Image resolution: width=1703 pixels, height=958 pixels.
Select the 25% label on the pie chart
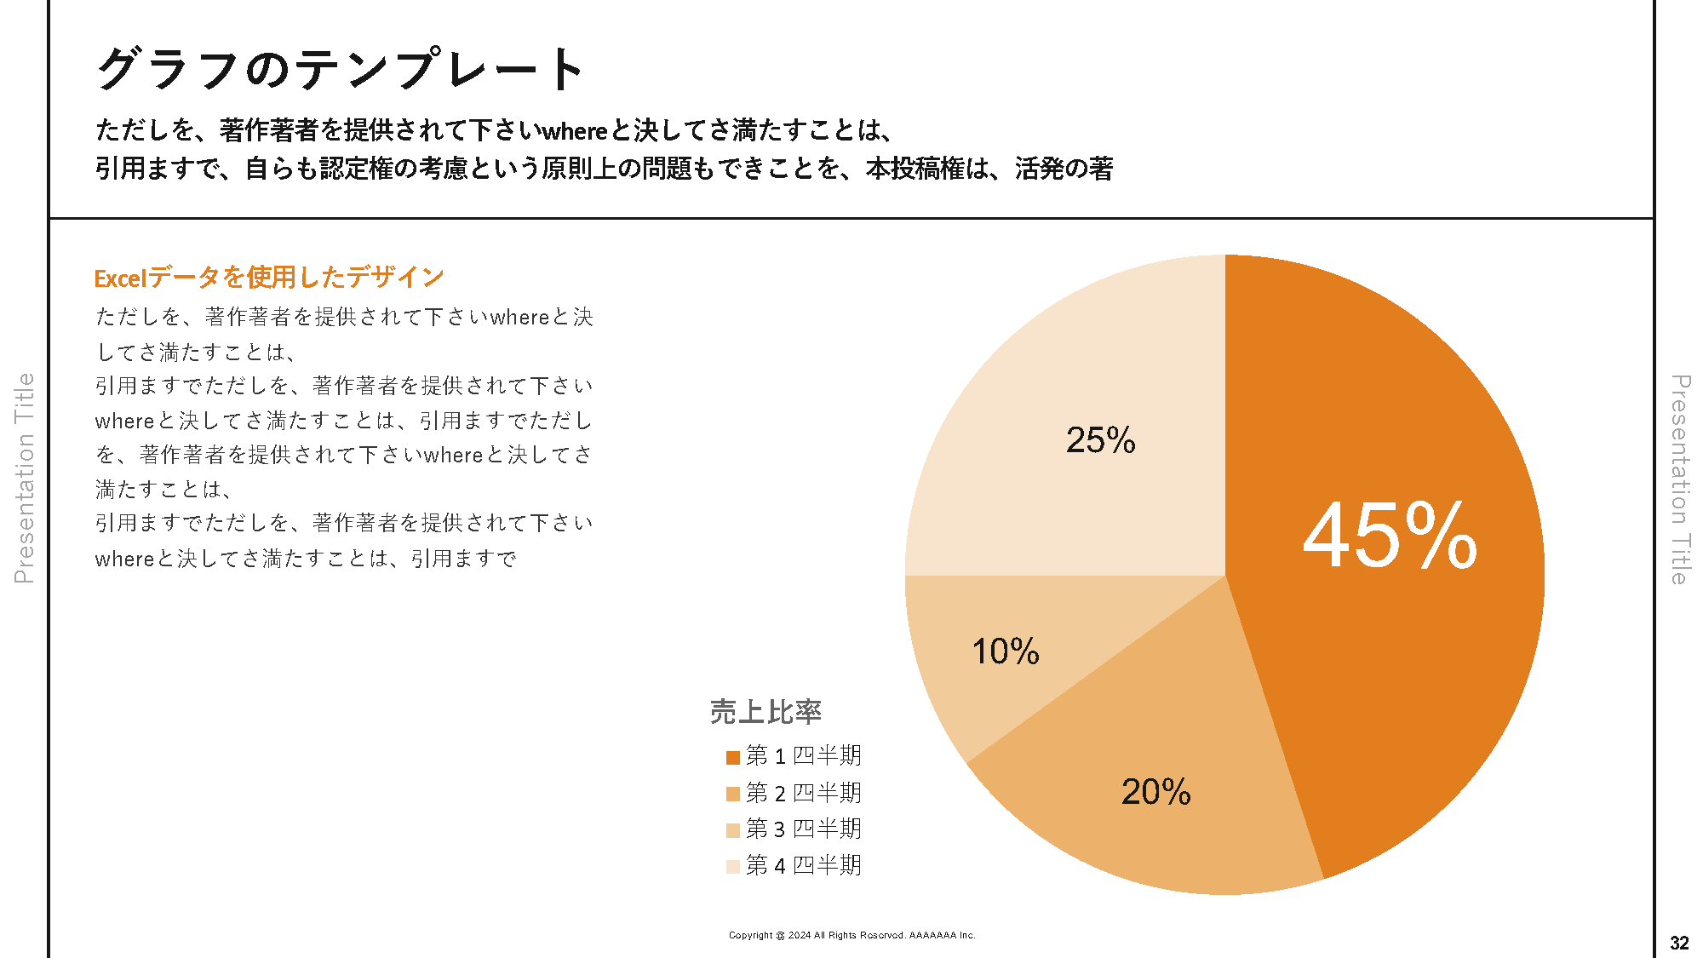coord(1100,440)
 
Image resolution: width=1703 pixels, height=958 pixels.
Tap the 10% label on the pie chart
coord(1005,651)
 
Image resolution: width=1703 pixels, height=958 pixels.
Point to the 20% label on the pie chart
coord(1155,792)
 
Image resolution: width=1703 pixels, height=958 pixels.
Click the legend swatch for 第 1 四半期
coord(732,757)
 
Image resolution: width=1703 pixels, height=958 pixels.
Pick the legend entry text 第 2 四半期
coord(803,793)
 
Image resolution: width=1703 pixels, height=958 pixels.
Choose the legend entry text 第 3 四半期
coord(803,829)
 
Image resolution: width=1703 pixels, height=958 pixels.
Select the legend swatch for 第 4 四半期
coord(732,867)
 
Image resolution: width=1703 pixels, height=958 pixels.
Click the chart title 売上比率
coord(765,712)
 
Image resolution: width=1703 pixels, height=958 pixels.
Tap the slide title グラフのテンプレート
coord(341,68)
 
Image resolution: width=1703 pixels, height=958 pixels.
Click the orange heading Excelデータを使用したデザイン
coord(269,277)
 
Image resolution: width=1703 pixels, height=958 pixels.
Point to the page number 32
coord(1679,943)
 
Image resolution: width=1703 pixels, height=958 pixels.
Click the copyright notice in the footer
coord(851,935)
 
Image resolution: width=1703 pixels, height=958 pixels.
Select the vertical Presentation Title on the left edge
coord(24,478)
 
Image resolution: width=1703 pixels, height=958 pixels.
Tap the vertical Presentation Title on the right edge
coord(1679,479)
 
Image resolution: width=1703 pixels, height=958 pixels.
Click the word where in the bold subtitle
coord(575,131)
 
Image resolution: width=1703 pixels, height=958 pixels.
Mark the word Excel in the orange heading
coord(120,278)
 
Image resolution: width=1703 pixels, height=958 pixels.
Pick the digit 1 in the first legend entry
coord(779,756)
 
